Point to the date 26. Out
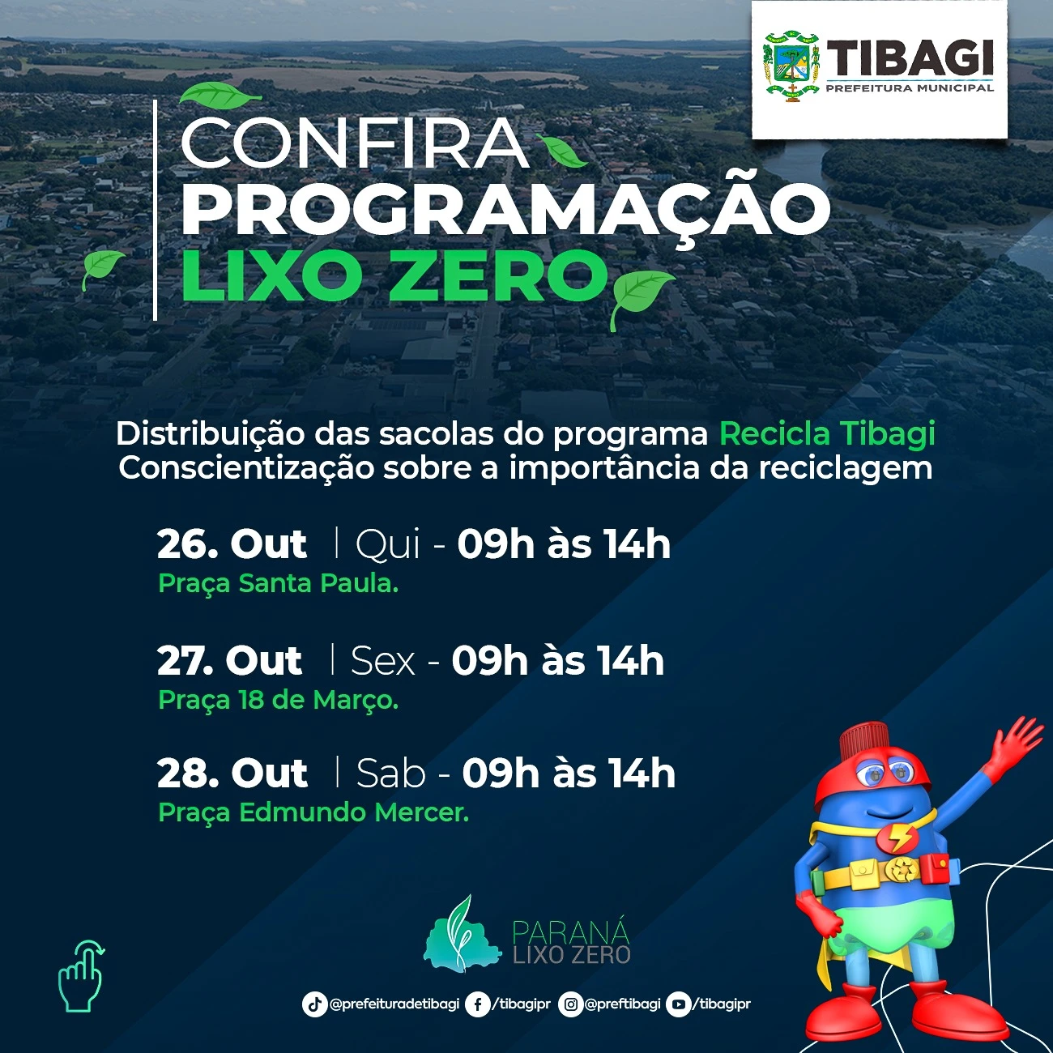pos(231,544)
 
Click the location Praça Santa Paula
pos(278,583)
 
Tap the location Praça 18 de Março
pos(278,700)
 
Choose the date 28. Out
pos(232,774)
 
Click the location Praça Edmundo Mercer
pos(313,812)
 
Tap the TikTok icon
pos(314,1004)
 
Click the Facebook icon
pos(477,1004)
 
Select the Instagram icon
pos(570,1004)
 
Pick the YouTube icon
pos(678,1004)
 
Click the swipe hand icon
pos(82,975)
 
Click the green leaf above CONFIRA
pos(220,93)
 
